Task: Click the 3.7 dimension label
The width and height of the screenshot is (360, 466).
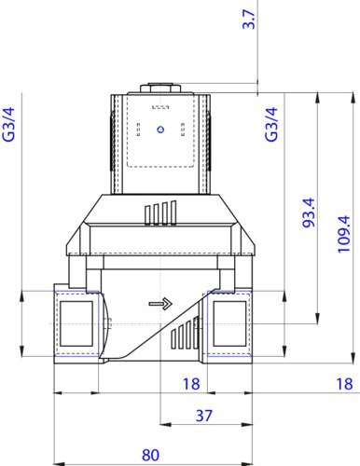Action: click(249, 20)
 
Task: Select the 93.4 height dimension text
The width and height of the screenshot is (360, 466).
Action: click(309, 212)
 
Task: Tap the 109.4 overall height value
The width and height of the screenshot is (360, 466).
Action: click(344, 234)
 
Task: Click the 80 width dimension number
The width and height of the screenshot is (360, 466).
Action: click(150, 455)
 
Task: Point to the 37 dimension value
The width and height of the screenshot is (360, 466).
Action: click(204, 416)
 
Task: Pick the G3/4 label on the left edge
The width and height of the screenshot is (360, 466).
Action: click(9, 124)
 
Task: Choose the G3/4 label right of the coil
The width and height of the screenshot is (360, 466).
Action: click(271, 124)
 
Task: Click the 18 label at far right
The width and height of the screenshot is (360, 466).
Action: click(344, 384)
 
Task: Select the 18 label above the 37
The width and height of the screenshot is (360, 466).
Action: click(191, 384)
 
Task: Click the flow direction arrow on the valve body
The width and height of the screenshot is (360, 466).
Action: click(160, 304)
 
